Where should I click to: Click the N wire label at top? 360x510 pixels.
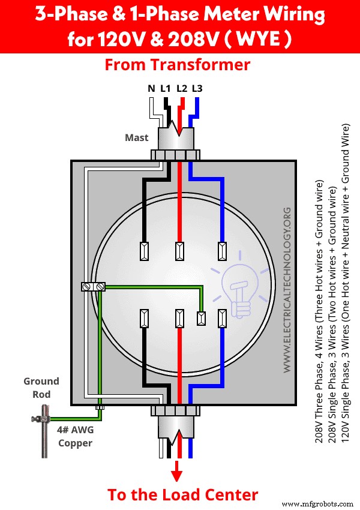pyautogui.click(x=151, y=89)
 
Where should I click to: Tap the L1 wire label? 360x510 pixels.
pyautogui.click(x=166, y=89)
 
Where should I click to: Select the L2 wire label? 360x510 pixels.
pyautogui.click(x=182, y=89)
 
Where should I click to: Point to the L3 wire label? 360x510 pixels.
pyautogui.click(x=197, y=89)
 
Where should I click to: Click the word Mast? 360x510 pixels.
pyautogui.click(x=136, y=137)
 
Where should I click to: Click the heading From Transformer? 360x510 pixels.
pyautogui.click(x=178, y=65)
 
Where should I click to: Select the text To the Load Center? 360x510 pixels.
pyautogui.click(x=182, y=494)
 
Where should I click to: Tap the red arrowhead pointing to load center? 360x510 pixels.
pyautogui.click(x=177, y=474)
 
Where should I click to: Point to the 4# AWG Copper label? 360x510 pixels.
pyautogui.click(x=76, y=436)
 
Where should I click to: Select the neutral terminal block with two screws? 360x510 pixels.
pyautogui.click(x=93, y=287)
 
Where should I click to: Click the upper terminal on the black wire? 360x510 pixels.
pyautogui.click(x=144, y=251)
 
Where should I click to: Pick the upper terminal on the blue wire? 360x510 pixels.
pyautogui.click(x=223, y=251)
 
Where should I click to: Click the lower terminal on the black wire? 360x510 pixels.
pyautogui.click(x=144, y=318)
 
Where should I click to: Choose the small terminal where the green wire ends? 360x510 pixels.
pyautogui.click(x=202, y=318)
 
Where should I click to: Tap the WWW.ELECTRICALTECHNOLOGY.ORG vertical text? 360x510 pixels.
pyautogui.click(x=287, y=289)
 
